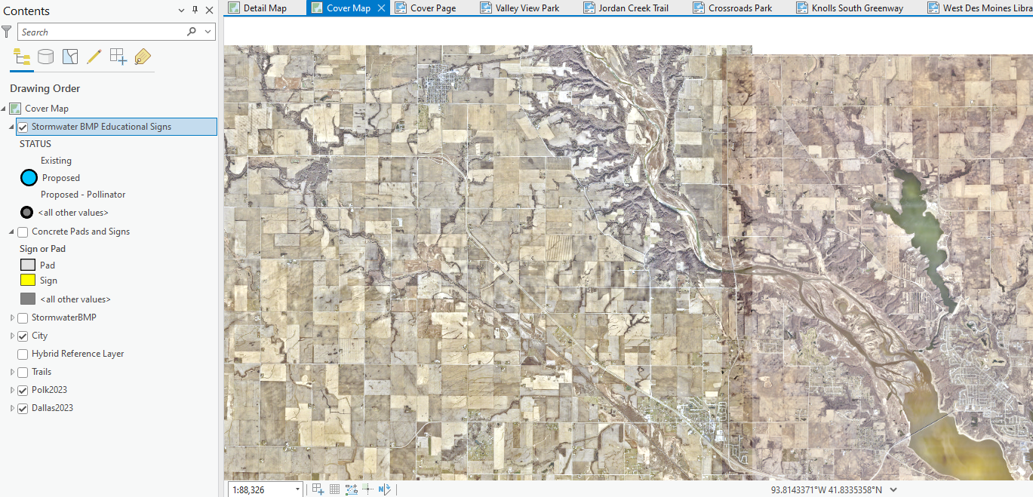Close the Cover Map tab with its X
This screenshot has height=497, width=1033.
coord(381,8)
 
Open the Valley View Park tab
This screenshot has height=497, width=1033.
coord(527,8)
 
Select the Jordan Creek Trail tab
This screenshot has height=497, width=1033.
coord(633,8)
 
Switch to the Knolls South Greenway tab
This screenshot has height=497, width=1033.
coord(856,8)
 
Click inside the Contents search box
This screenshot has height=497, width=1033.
coord(102,32)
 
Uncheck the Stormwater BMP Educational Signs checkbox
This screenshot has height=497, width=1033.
coord(23,127)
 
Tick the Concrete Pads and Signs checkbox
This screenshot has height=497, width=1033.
coord(23,232)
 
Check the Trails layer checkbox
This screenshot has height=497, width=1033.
coord(23,372)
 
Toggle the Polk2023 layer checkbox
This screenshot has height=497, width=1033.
coord(23,390)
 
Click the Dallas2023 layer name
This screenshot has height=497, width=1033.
coord(52,408)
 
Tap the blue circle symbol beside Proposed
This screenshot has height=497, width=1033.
coord(29,178)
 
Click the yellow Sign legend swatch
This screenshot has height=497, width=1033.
coord(28,281)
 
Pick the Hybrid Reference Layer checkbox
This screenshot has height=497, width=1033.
coord(23,354)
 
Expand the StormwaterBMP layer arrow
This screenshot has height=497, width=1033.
coord(12,318)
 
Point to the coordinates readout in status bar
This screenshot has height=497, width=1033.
coord(826,489)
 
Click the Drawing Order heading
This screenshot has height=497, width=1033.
coord(45,88)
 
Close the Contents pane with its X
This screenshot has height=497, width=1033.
coord(209,11)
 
